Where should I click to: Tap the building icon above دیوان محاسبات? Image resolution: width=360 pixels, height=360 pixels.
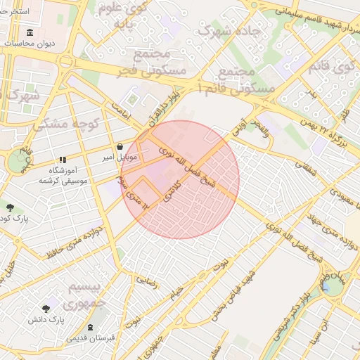29,33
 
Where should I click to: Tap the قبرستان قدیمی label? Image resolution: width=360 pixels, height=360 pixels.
91,338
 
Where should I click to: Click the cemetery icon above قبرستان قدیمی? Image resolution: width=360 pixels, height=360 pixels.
90,328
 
